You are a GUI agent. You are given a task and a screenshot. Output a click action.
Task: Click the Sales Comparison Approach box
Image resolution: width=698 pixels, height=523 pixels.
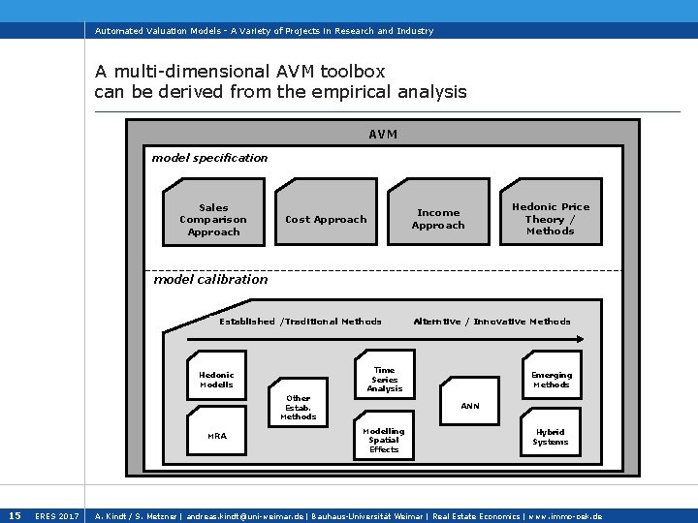click(x=213, y=220)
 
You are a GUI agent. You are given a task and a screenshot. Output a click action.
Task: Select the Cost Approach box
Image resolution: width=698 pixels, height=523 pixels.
click(x=326, y=220)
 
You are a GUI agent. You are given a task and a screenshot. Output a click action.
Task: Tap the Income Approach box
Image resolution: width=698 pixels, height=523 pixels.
click(x=438, y=220)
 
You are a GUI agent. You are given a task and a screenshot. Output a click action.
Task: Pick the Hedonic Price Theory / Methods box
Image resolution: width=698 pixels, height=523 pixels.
click(x=551, y=219)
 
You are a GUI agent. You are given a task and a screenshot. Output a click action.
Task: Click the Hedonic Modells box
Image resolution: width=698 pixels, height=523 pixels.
click(x=216, y=380)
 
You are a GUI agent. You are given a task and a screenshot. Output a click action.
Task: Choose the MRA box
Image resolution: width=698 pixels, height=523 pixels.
click(x=217, y=436)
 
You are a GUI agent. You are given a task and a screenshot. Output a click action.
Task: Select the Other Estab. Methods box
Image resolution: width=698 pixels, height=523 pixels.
click(x=299, y=407)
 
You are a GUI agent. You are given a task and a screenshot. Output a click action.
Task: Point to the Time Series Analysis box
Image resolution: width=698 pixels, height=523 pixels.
click(x=384, y=379)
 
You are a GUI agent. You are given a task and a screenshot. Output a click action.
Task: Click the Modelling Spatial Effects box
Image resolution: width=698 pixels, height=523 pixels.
click(x=384, y=440)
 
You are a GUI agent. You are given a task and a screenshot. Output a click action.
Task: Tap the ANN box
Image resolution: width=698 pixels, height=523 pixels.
click(x=469, y=406)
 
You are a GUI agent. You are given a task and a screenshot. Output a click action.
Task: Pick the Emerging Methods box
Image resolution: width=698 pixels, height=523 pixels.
click(x=551, y=380)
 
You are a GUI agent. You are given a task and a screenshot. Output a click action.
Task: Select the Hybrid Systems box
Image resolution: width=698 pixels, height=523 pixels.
click(x=551, y=437)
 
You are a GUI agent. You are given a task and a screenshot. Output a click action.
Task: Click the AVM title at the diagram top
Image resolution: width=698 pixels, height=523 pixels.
click(x=383, y=135)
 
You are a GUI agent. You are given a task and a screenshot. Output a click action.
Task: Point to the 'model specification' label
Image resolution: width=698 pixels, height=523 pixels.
click(x=209, y=158)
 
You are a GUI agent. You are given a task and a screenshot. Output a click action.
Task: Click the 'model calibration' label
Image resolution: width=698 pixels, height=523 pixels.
click(x=210, y=280)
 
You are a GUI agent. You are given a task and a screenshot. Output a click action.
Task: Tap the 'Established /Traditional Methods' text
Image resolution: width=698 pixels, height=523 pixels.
click(x=301, y=322)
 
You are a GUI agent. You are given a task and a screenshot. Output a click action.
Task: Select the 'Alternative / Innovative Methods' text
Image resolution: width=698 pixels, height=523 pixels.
click(x=492, y=322)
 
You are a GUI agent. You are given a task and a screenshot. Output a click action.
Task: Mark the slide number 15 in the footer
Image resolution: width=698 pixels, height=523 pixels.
click(x=15, y=515)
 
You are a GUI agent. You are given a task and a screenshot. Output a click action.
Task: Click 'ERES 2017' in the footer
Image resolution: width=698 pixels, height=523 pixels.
click(x=56, y=516)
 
